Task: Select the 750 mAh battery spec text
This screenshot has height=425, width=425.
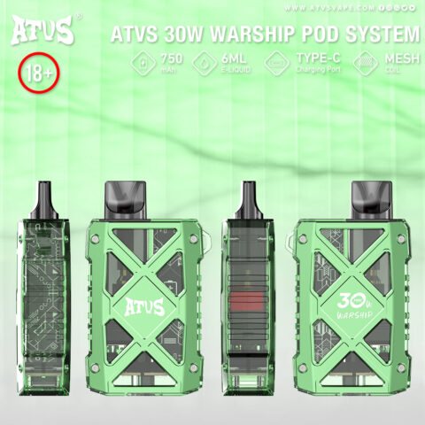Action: (x=174, y=63)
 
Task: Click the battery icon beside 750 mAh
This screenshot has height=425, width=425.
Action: (x=142, y=63)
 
